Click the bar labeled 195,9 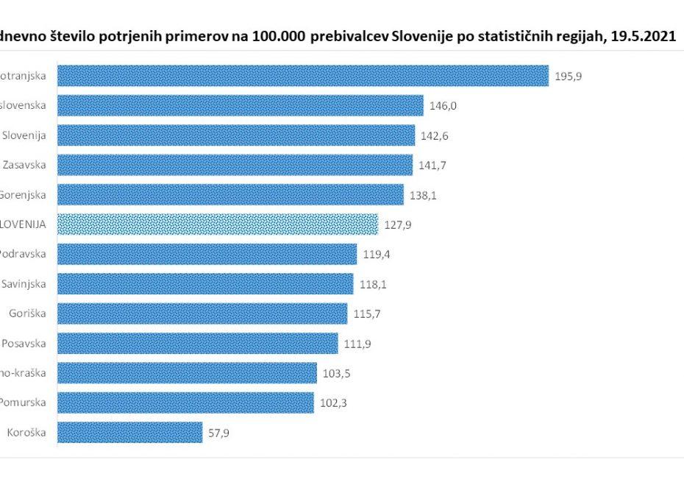pyautogui.click(x=302, y=76)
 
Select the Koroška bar pyautogui.click(x=129, y=432)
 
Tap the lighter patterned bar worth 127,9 pyautogui.click(x=218, y=224)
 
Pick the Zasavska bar pyautogui.click(x=235, y=165)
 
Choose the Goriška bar pyautogui.click(x=202, y=313)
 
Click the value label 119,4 pyautogui.click(x=377, y=255)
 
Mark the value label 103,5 pyautogui.click(x=336, y=373)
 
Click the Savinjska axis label pyautogui.click(x=24, y=284)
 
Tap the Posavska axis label pyautogui.click(x=24, y=343)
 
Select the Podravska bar pyautogui.click(x=207, y=255)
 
